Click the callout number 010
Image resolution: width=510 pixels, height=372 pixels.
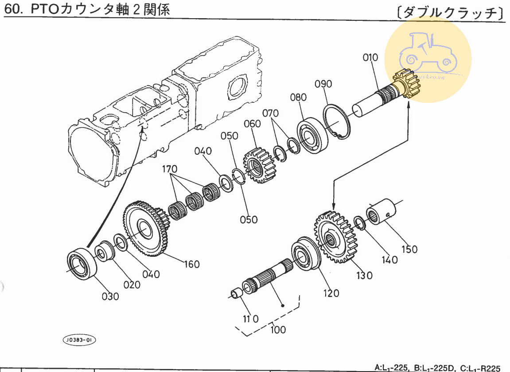tap(370, 58)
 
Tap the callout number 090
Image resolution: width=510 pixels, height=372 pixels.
tap(323, 84)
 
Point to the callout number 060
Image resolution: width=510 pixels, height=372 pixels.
tap(252, 124)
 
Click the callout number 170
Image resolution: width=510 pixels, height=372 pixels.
tap(169, 169)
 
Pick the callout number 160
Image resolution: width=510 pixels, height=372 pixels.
tap(192, 264)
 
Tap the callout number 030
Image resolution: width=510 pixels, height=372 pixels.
tap(110, 296)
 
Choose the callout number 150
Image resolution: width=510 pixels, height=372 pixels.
tap(409, 249)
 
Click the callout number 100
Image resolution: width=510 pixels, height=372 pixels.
tap(278, 329)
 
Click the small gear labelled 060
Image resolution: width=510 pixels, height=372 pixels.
tap(259, 165)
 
